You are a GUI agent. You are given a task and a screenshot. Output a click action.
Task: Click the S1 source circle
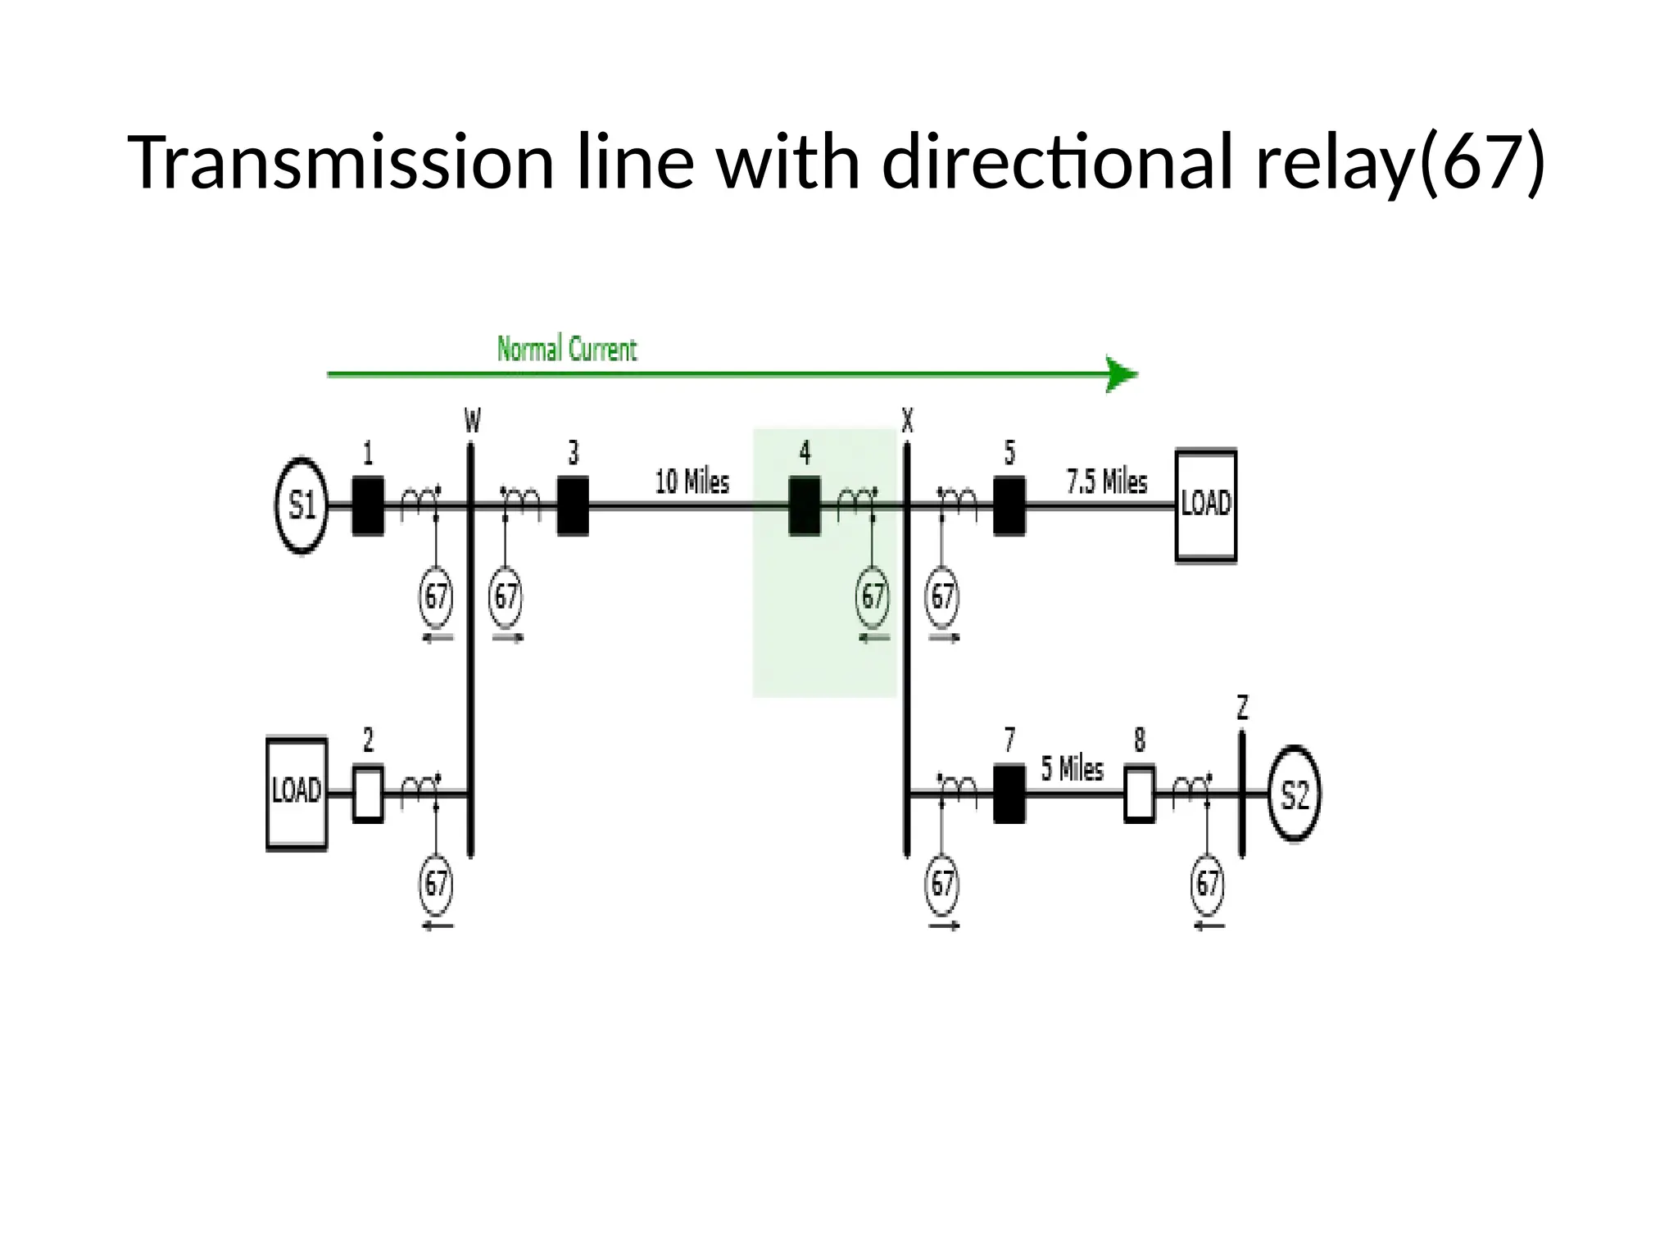tap(302, 505)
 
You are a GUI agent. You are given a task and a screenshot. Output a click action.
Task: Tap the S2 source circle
tap(1294, 794)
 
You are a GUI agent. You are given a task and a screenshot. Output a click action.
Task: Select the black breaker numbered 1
tap(368, 506)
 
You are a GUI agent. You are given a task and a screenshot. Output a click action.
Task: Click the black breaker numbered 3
tap(573, 506)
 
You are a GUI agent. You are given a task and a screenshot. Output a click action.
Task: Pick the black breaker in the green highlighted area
tap(805, 506)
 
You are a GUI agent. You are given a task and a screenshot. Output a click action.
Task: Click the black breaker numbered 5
tap(1009, 506)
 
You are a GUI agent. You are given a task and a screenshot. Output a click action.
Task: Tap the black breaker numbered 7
tap(1009, 794)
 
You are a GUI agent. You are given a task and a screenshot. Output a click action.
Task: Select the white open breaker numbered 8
tap(1140, 794)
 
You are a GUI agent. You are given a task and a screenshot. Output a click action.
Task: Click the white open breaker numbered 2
tap(368, 794)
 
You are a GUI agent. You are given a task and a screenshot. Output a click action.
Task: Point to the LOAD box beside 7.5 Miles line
tap(1205, 505)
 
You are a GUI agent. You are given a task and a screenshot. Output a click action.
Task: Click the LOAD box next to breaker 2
tap(297, 794)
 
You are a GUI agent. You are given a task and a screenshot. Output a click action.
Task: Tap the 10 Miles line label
tap(692, 482)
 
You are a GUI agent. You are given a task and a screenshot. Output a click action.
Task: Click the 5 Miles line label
tap(1072, 769)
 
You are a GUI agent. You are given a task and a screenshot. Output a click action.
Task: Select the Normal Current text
tap(567, 350)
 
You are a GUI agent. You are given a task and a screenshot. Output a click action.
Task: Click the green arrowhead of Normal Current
tap(1120, 375)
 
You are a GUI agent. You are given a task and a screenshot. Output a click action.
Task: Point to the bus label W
tap(473, 421)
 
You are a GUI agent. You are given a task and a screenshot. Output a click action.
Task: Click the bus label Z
tap(1242, 707)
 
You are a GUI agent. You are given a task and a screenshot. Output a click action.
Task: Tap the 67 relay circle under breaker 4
tap(873, 596)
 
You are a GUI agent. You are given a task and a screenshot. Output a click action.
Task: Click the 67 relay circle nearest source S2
tap(1208, 884)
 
